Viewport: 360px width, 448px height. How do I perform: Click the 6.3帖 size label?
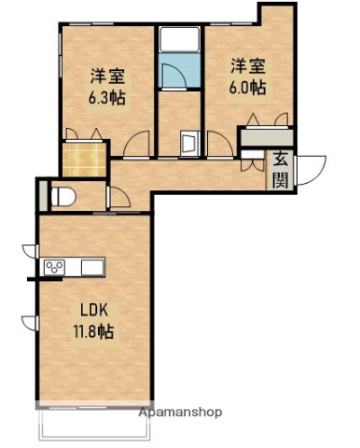(x=108, y=96)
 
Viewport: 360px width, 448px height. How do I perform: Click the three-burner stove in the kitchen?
(x=54, y=268)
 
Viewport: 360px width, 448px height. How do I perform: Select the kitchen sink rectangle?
(x=93, y=268)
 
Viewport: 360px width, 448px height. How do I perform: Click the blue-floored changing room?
(x=178, y=74)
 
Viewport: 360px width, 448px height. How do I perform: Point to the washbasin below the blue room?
(x=187, y=143)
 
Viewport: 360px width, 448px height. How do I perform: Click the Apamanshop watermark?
(x=180, y=411)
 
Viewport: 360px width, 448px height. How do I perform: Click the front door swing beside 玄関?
(x=309, y=167)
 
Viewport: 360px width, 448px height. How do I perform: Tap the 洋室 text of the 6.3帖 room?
(x=108, y=76)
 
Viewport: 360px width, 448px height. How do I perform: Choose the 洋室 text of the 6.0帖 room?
(x=249, y=66)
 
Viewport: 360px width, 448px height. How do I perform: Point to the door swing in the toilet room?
(x=118, y=198)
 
